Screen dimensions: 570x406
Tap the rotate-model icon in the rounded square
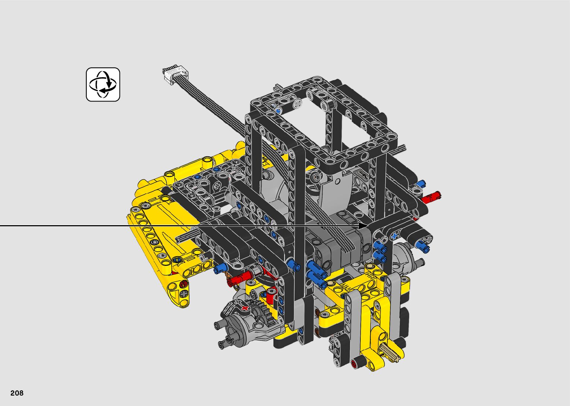(x=103, y=84)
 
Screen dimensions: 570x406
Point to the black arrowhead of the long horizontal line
(x=363, y=226)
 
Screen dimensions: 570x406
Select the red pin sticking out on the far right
(x=431, y=196)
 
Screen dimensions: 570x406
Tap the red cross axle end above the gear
(x=245, y=308)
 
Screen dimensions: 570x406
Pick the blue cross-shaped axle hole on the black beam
(x=395, y=236)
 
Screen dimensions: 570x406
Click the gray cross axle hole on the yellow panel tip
(x=184, y=295)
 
